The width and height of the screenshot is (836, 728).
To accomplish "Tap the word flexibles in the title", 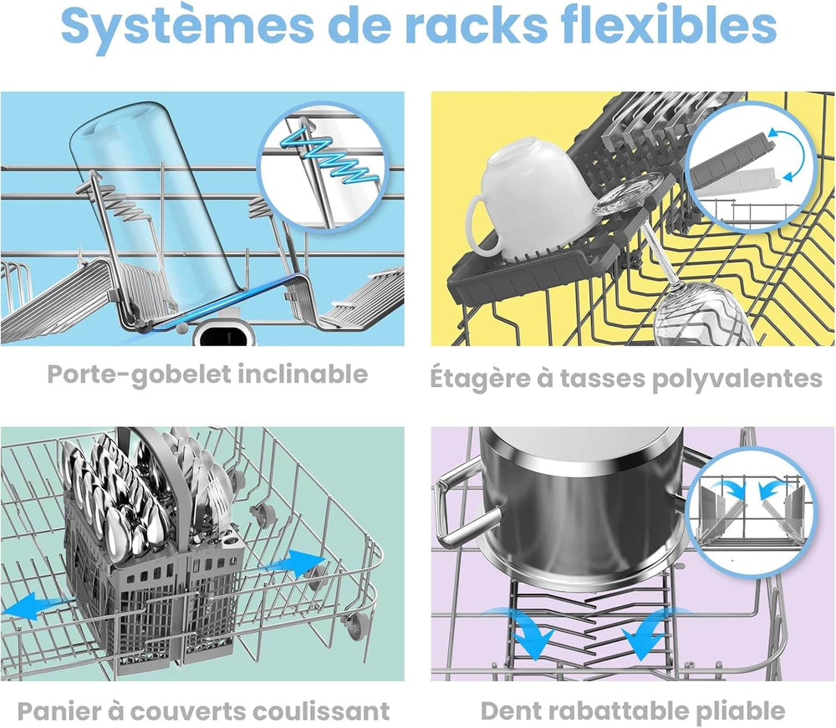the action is (x=669, y=24).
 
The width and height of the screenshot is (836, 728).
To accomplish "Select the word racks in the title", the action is (x=477, y=25).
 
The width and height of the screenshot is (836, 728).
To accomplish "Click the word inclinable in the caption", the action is (x=303, y=374).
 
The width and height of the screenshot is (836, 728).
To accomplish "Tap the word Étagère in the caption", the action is (x=481, y=379).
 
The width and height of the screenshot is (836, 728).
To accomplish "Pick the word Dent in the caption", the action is (x=510, y=711).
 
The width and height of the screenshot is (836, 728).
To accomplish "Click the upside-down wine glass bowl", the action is (x=697, y=313).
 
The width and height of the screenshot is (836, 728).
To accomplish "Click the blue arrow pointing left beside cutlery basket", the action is (x=32, y=606).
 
